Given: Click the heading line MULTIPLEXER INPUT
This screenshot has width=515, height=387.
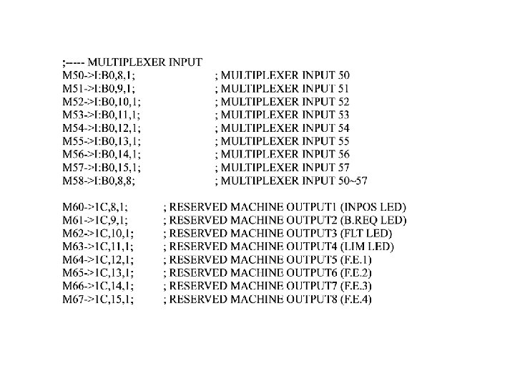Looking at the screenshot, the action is (132, 62).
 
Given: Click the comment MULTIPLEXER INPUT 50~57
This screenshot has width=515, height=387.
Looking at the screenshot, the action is (291, 181).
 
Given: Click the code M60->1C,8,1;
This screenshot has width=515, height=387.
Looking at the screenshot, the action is (96, 208).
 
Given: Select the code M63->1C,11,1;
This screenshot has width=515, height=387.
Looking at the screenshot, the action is (98, 248).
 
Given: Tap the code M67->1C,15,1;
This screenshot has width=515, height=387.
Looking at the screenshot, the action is (98, 301).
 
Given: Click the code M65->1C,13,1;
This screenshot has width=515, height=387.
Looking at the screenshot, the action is (98, 274).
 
